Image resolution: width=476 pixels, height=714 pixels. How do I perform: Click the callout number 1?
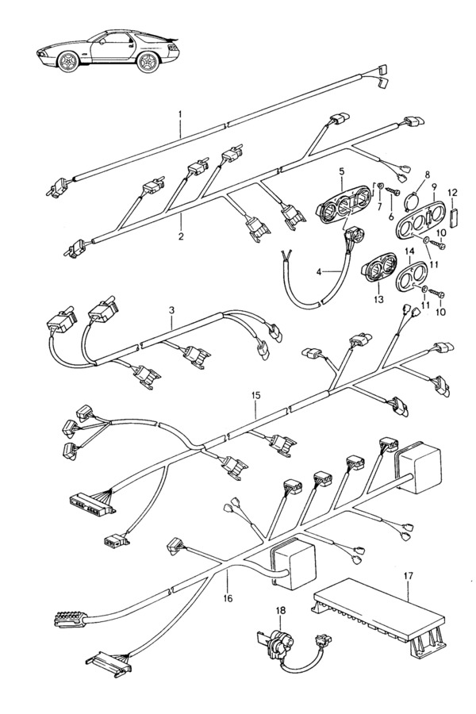[x=180, y=113]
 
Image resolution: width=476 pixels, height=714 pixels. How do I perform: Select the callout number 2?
[x=181, y=236]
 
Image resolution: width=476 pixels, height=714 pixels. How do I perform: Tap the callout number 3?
[x=171, y=310]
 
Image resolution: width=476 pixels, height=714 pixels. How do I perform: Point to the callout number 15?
[x=256, y=395]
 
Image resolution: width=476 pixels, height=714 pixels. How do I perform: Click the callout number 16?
[x=228, y=598]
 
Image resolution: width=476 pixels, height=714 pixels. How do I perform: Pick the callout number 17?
[x=408, y=576]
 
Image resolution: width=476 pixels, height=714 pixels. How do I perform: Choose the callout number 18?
[x=280, y=608]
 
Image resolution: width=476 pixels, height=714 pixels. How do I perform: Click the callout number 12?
[x=452, y=192]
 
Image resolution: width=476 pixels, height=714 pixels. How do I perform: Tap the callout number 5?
[x=342, y=171]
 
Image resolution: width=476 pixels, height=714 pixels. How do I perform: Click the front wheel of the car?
[x=69, y=61]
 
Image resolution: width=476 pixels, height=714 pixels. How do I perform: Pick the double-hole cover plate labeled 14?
[x=411, y=276]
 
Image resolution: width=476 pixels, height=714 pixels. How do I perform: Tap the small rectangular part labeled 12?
[x=452, y=217]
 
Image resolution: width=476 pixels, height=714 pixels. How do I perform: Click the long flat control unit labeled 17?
[x=379, y=612]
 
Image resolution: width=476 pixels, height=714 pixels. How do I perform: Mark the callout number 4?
[x=318, y=272]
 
